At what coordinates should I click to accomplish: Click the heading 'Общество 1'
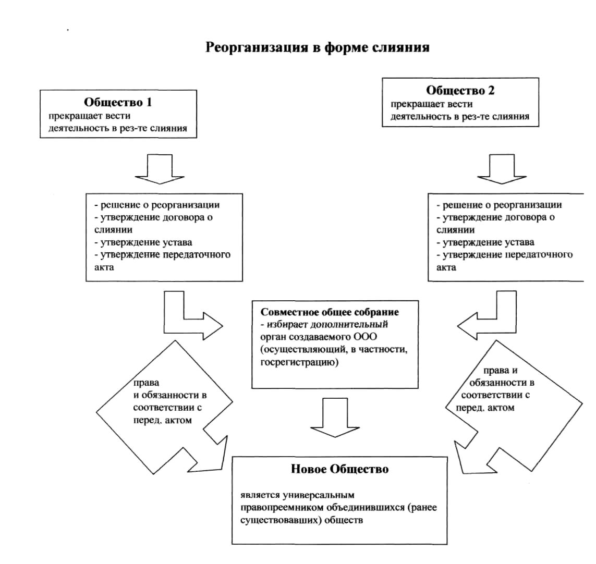[118, 102]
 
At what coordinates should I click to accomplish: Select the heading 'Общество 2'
[460, 91]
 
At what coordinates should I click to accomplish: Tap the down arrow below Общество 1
[160, 169]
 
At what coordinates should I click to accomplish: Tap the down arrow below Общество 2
[502, 169]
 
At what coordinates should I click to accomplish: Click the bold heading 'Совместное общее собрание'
[330, 312]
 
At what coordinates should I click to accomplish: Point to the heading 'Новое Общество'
[340, 469]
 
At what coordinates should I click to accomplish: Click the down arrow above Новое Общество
[335, 418]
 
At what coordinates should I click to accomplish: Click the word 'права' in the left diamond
[146, 383]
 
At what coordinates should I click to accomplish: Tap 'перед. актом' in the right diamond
[485, 408]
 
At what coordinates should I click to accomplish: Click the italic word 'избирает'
[287, 325]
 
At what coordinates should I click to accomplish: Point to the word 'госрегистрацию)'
[299, 362]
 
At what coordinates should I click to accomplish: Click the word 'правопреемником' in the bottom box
[283, 507]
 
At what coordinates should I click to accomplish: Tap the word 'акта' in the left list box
[104, 267]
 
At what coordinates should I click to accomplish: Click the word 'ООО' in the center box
[366, 337]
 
